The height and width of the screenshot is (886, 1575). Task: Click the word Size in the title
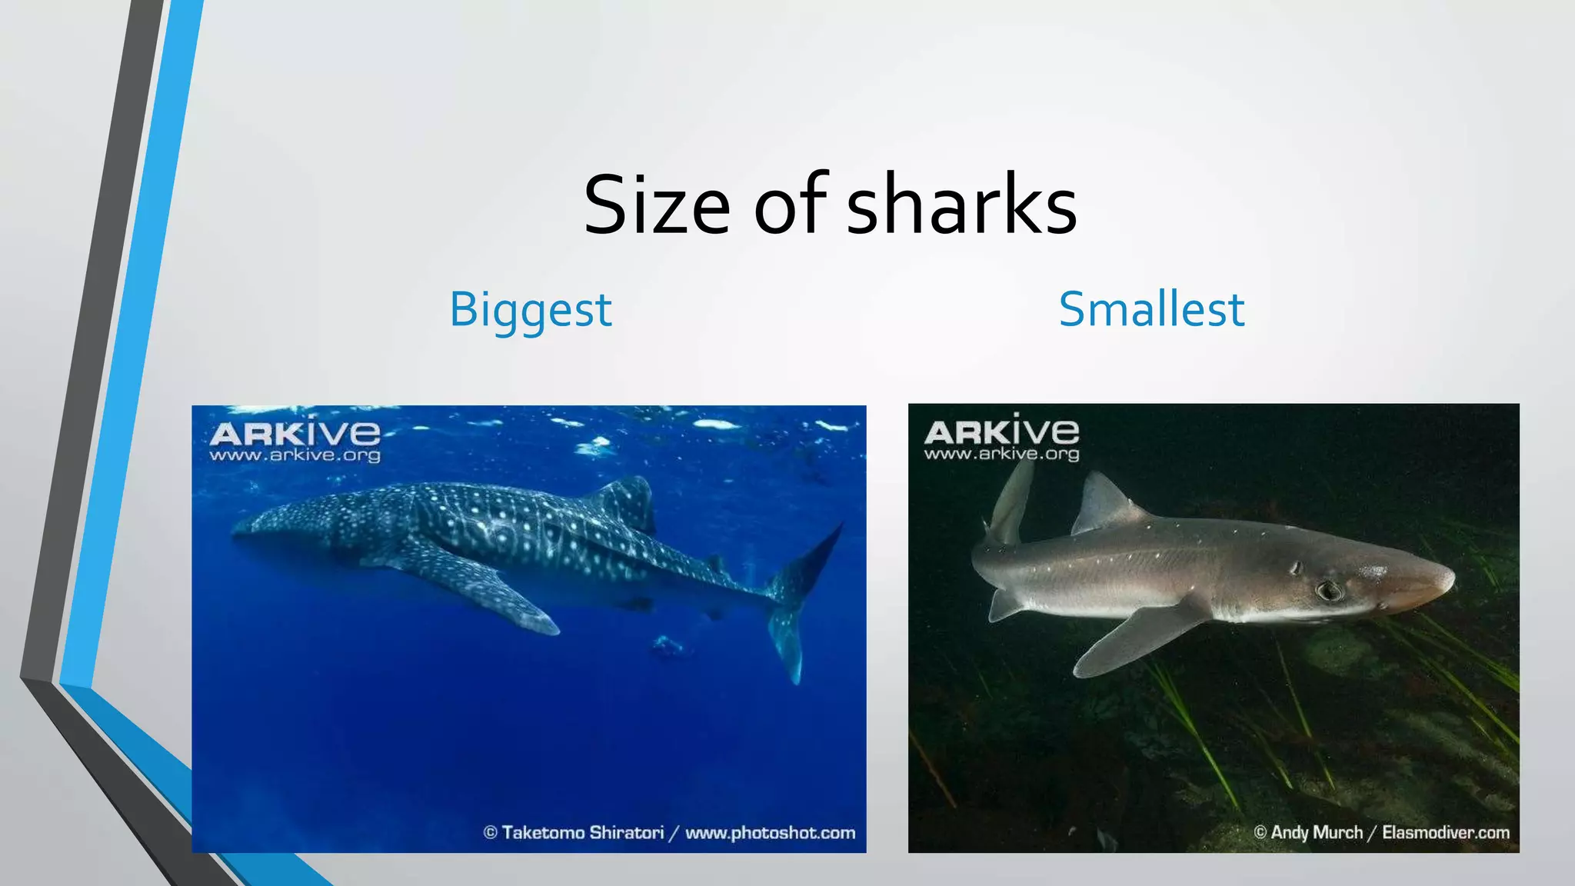[x=656, y=205]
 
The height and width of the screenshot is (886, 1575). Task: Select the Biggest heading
[x=531, y=310]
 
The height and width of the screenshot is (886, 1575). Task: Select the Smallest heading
[x=1151, y=310]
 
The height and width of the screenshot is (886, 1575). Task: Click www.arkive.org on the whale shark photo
[x=295, y=455]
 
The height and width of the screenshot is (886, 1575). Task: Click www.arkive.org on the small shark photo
[x=1001, y=454]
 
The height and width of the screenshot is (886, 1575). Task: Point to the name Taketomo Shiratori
[x=582, y=833]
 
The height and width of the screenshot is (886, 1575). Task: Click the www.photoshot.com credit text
[x=770, y=833]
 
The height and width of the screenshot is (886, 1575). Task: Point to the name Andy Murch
[x=1316, y=832]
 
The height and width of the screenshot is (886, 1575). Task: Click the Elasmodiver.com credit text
[x=1445, y=832]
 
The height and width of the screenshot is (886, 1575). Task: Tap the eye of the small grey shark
[x=1328, y=591]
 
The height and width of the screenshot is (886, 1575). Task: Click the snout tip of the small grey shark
[x=1450, y=578]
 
